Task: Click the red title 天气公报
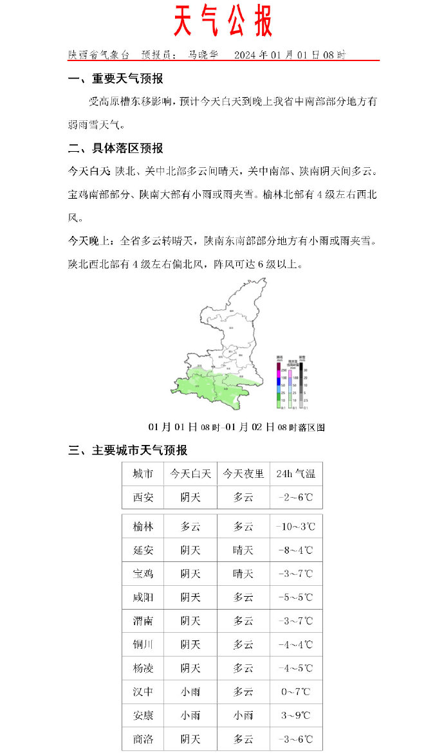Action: (x=223, y=23)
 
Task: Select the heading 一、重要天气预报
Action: (x=116, y=79)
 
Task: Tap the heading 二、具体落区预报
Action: (x=116, y=149)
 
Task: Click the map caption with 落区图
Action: (x=236, y=427)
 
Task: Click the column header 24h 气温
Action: (x=295, y=474)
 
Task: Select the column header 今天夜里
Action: (x=243, y=474)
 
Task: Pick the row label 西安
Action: (x=143, y=497)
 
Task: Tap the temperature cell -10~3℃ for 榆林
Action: (x=295, y=527)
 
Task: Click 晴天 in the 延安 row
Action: (x=243, y=550)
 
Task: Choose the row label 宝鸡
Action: (x=143, y=574)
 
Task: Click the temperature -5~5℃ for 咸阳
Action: (x=295, y=597)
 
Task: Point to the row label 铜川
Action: (x=143, y=644)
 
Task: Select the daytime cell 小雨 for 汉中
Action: (x=190, y=692)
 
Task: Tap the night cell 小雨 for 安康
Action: (x=243, y=715)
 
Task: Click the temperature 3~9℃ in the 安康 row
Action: (x=295, y=715)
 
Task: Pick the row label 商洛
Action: (x=143, y=739)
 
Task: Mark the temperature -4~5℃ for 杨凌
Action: (x=295, y=668)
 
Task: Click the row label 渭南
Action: (x=143, y=621)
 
